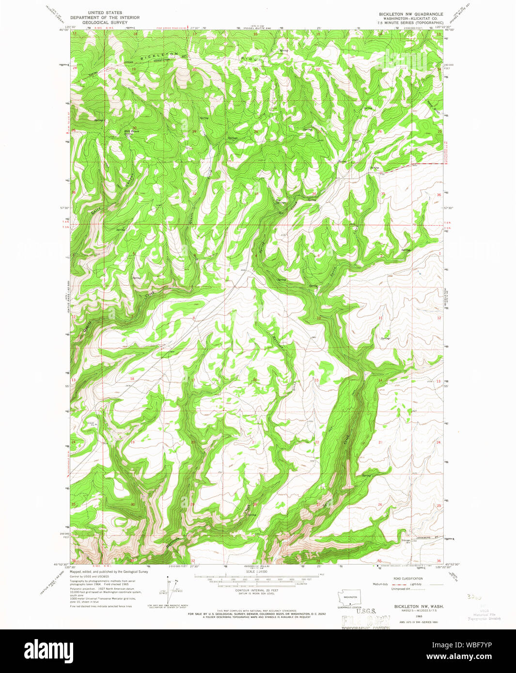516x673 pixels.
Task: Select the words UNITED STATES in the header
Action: coord(105,13)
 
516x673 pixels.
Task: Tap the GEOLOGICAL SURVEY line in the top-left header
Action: coord(105,22)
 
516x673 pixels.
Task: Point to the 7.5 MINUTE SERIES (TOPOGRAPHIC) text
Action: coord(411,23)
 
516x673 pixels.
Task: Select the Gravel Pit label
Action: coord(91,424)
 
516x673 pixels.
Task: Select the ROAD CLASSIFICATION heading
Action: coord(407,579)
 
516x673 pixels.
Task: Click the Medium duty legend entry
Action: coord(380,584)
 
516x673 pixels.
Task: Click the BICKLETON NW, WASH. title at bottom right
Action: coord(411,606)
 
